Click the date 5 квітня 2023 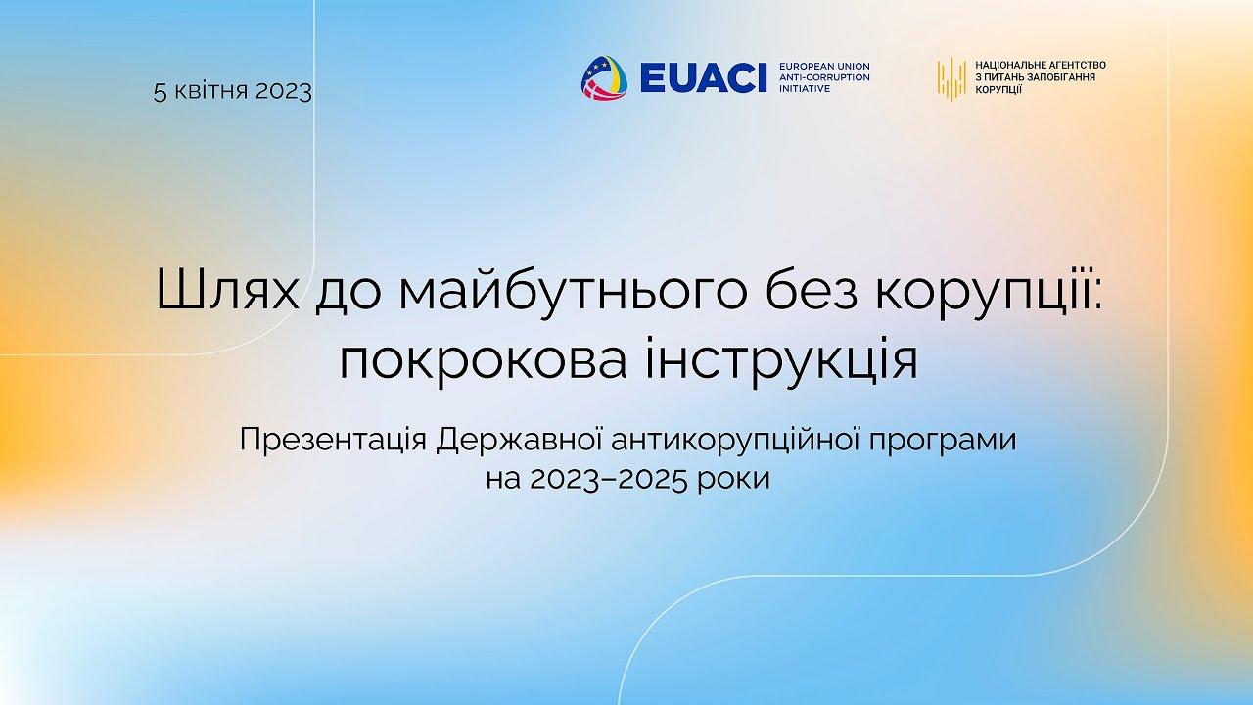click(233, 91)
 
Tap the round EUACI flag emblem click(604, 77)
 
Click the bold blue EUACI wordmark click(703, 77)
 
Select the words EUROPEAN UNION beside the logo click(824, 66)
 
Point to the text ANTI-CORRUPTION click(824, 77)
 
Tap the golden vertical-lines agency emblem click(951, 78)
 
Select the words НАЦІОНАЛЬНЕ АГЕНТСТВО click(1041, 65)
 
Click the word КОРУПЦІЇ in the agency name click(998, 89)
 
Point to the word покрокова click(483, 361)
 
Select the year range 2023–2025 click(608, 479)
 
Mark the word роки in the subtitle click(733, 480)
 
